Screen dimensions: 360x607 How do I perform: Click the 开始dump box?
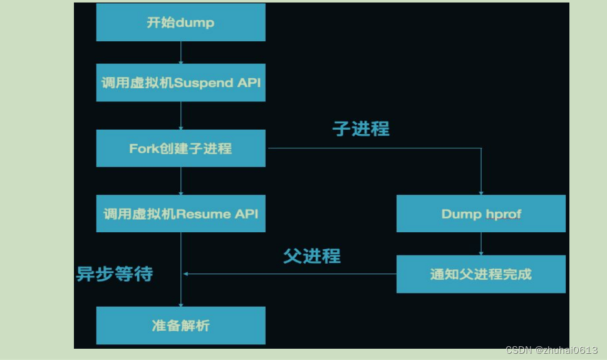pos(180,23)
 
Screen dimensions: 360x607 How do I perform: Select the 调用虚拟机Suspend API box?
pos(180,83)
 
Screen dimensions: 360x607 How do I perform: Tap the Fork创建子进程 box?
pos(180,148)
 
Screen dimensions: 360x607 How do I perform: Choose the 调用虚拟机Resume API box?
pos(180,213)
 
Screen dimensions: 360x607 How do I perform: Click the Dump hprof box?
pos(481,213)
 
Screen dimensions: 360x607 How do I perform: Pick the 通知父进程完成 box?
pos(481,274)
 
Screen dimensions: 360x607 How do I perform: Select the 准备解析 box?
pos(180,326)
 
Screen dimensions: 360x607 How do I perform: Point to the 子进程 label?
pos(361,129)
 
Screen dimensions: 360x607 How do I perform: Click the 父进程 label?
pos(312,255)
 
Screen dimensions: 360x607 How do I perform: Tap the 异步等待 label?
pos(115,274)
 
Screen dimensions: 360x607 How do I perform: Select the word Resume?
pos(204,213)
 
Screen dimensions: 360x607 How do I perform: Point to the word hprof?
pos(503,214)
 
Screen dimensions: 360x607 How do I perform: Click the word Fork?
pos(142,148)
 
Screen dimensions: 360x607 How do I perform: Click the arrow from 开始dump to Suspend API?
pos(180,53)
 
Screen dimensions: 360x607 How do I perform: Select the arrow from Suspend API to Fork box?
pos(180,115)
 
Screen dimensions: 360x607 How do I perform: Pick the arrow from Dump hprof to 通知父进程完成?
pos(481,244)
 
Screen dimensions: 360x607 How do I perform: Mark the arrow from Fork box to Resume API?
pos(180,181)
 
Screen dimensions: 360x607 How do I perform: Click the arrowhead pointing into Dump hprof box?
pos(481,192)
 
